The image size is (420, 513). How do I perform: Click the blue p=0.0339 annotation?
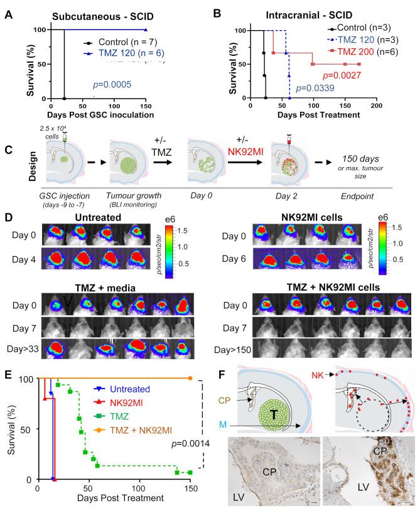(316, 89)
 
